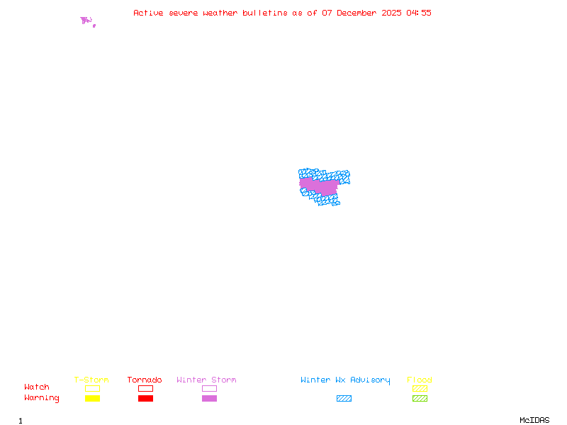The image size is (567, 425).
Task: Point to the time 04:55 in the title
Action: coord(419,13)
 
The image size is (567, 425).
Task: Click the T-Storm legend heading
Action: coord(91,380)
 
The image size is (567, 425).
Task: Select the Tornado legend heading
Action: coord(145,380)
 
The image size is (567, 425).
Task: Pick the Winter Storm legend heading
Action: coord(206,380)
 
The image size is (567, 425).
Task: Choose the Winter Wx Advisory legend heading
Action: coord(345,380)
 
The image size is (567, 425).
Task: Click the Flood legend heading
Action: coord(420,380)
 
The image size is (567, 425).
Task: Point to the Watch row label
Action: coord(37,387)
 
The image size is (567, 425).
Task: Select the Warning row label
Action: coord(41,398)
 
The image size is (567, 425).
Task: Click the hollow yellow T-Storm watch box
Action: coord(92,388)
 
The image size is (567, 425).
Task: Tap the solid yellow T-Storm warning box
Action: coord(92,399)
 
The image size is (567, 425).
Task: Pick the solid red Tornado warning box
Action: coord(145,399)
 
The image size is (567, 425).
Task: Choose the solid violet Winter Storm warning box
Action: coord(209,399)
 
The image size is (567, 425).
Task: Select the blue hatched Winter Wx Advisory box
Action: coord(344,399)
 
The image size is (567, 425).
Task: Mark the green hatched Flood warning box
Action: coord(420,399)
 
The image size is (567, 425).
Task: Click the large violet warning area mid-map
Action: coord(319,186)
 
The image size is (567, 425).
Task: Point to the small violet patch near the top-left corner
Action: coord(86,21)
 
